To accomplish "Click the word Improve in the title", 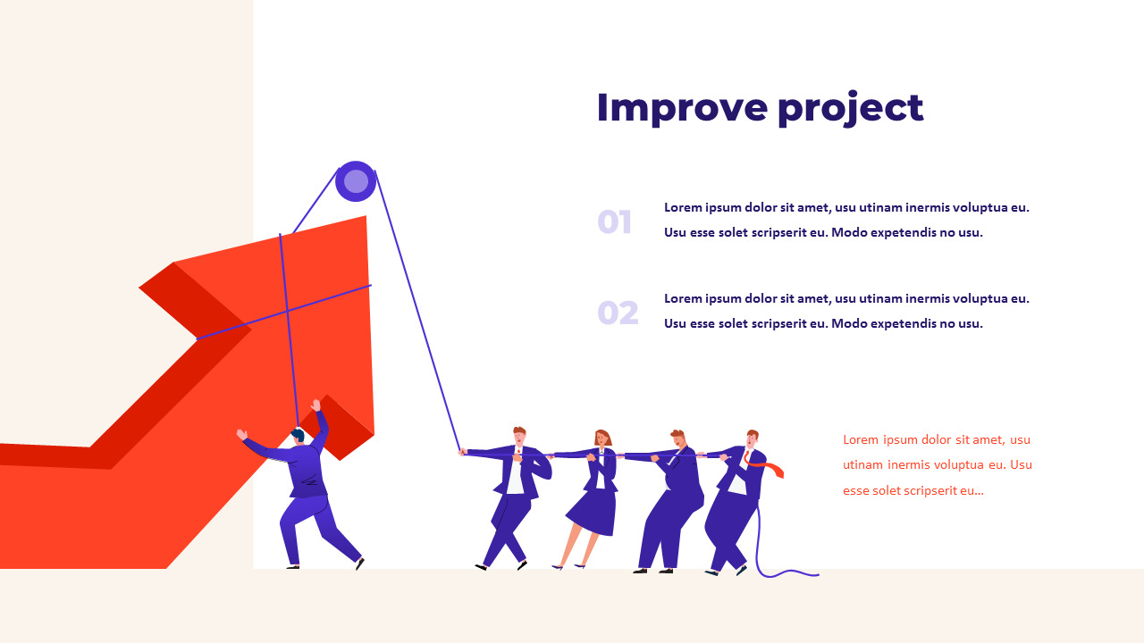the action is point(682,107).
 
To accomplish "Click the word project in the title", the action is point(851,109).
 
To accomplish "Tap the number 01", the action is point(614,221).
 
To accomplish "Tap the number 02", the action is point(618,313).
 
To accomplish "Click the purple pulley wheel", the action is point(356,181).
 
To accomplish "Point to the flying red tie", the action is point(763,463).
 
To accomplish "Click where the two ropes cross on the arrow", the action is point(288,310).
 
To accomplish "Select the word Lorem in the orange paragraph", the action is point(861,439).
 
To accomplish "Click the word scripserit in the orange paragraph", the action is point(932,490).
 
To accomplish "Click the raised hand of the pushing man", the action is point(315,405).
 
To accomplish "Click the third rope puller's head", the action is point(677,438).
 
